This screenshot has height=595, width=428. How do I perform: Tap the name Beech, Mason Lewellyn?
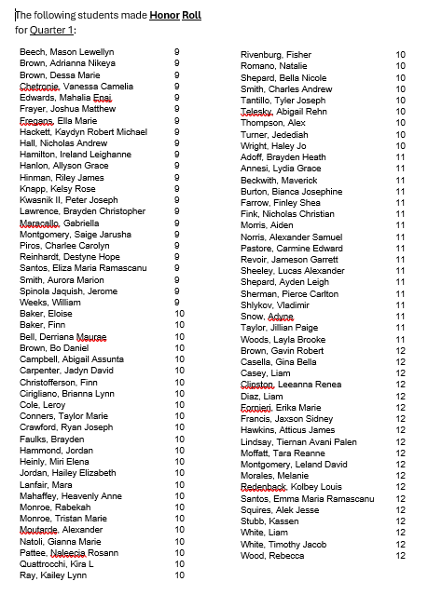(66, 52)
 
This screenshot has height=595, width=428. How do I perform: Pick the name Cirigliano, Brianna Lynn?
(67, 394)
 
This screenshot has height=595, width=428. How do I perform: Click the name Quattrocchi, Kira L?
(57, 564)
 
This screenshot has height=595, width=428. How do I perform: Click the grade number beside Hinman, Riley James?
(176, 177)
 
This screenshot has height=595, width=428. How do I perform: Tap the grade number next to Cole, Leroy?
(179, 405)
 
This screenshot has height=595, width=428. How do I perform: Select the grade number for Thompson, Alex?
(400, 124)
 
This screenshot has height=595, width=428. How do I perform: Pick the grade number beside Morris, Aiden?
(400, 226)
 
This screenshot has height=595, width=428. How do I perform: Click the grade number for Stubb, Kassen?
(400, 521)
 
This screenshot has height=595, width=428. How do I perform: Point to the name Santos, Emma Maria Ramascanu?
(307, 499)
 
